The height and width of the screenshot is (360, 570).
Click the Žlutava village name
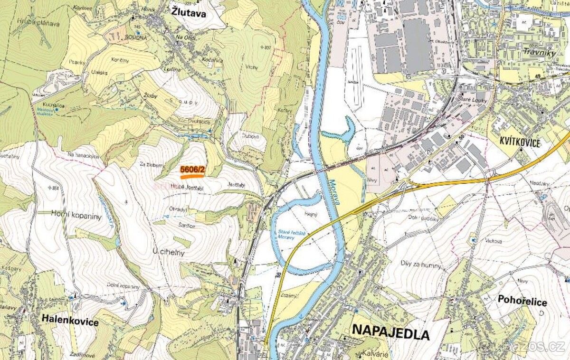click(x=189, y=14)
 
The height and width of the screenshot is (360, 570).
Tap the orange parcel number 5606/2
click(x=192, y=170)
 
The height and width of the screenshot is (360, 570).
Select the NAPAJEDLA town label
click(x=390, y=333)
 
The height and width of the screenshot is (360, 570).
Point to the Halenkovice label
click(x=70, y=322)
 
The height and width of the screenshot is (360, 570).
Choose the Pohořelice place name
click(x=522, y=301)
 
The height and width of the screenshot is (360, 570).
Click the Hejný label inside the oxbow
click(x=311, y=214)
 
